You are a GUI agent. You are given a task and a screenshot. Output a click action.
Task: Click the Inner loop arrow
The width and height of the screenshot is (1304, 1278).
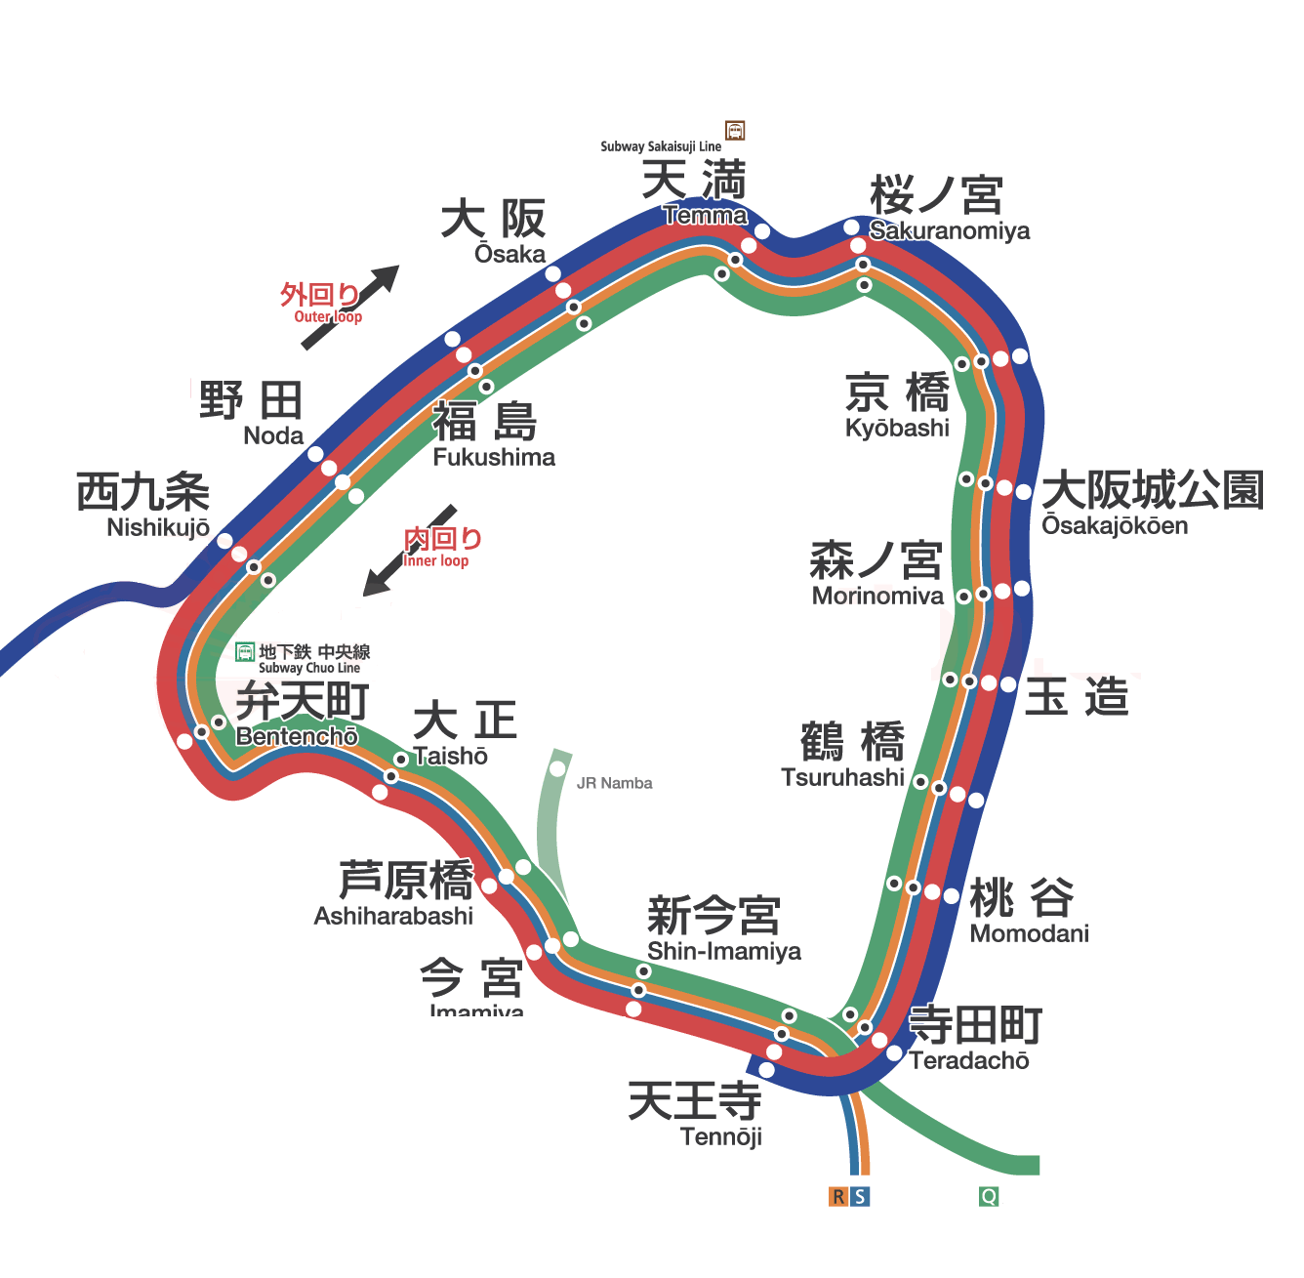coord(410,551)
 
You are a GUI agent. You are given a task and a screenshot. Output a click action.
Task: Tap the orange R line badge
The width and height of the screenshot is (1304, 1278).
coord(838,1197)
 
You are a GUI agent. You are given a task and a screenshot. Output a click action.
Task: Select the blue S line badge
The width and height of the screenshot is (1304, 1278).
coord(860,1197)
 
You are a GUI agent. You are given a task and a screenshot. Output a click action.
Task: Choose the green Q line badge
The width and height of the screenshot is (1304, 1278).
coord(989,1197)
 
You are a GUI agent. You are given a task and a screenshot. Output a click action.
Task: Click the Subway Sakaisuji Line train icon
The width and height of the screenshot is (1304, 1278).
coord(735,131)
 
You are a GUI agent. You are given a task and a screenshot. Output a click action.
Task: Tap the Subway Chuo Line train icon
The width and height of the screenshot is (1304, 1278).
coord(245,652)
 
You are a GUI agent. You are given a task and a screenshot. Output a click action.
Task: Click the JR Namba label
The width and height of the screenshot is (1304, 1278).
coord(614,783)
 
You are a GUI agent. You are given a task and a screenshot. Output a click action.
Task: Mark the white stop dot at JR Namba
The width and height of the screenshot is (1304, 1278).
coord(557,768)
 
